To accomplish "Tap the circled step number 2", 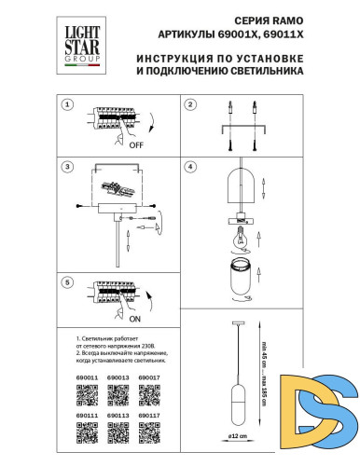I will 189,105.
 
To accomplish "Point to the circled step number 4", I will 189,168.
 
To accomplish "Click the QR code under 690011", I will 85,393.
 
